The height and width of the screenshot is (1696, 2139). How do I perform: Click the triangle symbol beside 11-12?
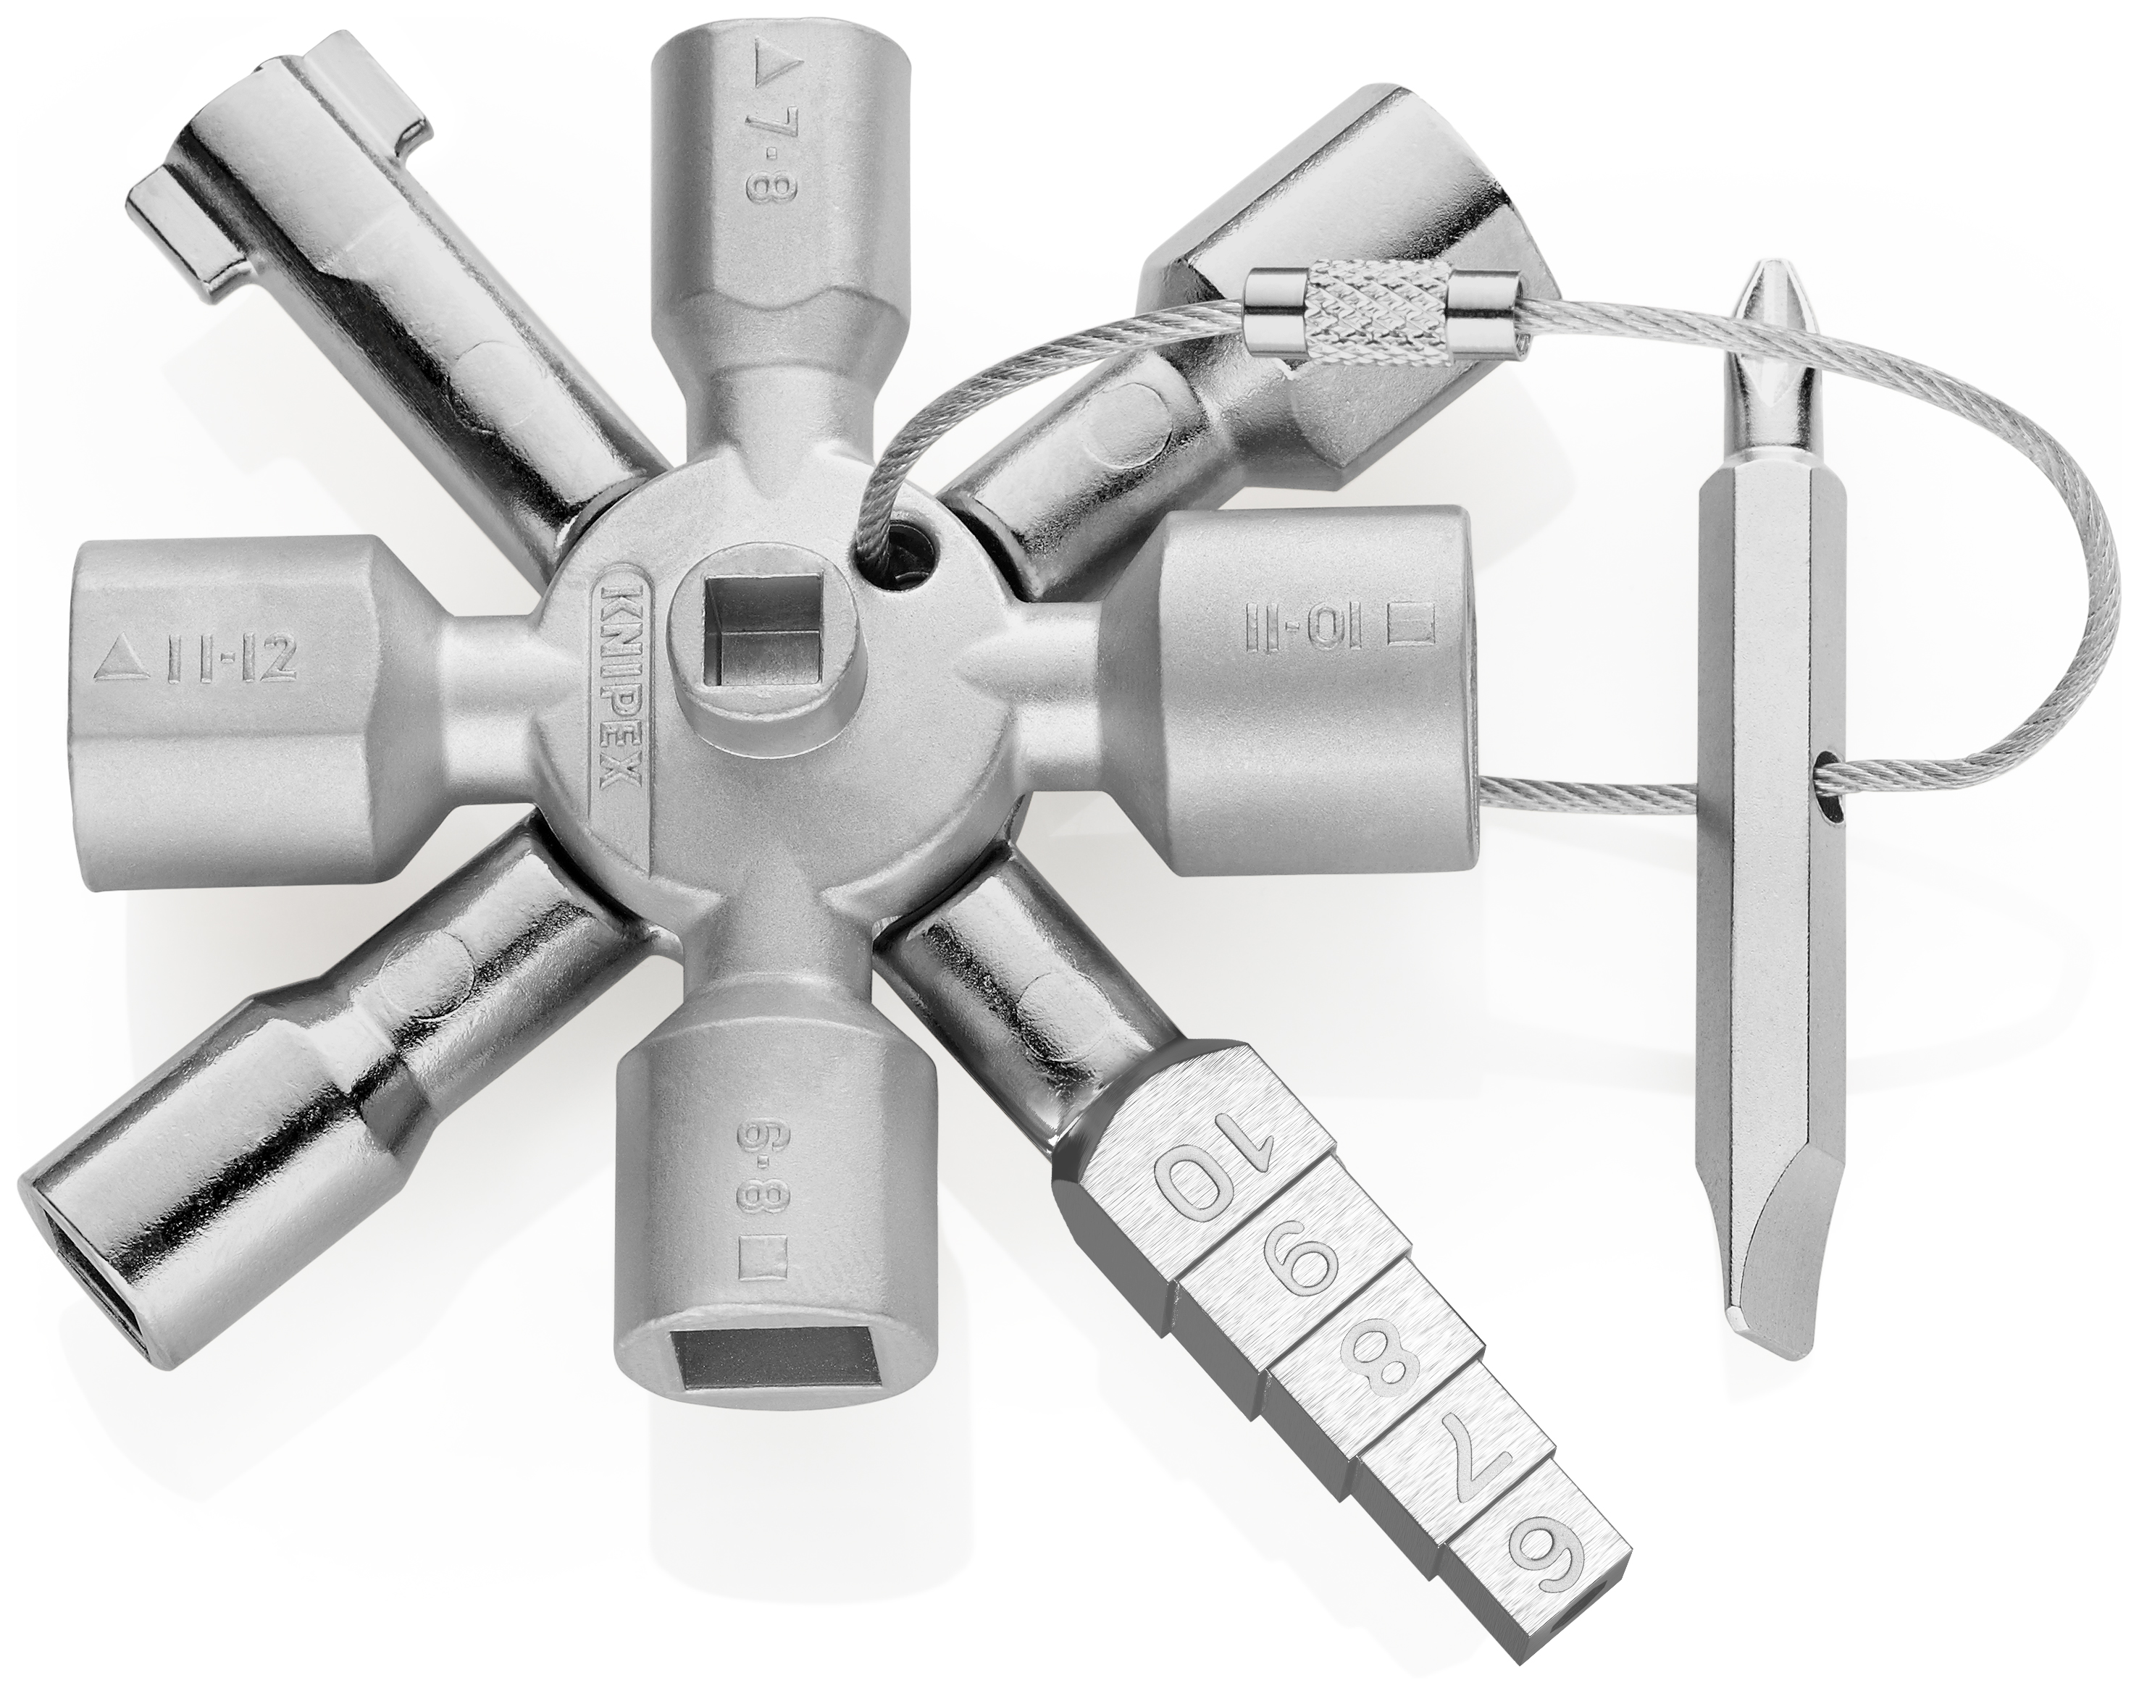pos(116,660)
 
